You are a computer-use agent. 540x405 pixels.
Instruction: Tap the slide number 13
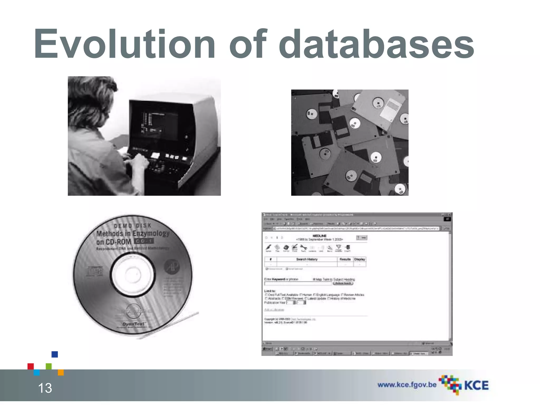pos(45,388)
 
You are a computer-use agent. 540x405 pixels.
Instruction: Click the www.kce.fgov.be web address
pos(407,385)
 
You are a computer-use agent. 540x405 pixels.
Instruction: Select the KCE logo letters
pos(476,385)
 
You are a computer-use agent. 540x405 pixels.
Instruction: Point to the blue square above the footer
pos(55,354)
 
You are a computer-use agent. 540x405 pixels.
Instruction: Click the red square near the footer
pos(31,366)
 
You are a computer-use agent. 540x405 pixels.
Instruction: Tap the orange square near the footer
pos(61,372)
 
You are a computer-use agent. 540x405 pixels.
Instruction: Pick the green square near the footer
pos(49,366)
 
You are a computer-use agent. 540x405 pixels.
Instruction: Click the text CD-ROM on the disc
pos(114,242)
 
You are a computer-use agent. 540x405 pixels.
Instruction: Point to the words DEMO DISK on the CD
pos(133,226)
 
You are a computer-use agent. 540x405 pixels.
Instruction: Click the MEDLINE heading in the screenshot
pos(319,236)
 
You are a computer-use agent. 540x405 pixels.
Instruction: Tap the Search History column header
pos(307,259)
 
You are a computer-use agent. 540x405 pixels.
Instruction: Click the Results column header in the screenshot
pos(345,259)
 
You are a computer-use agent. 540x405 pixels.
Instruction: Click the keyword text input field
pos(298,283)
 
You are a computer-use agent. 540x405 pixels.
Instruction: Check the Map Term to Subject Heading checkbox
pos(314,279)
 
